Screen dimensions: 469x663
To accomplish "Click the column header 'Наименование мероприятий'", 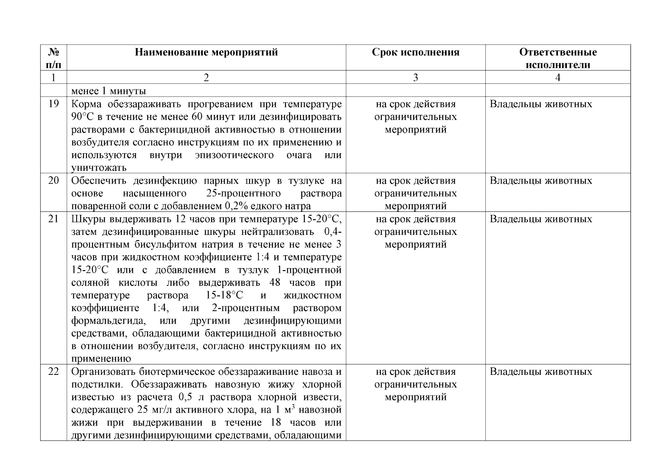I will [x=206, y=52].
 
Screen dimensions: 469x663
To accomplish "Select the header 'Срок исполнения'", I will [x=415, y=52].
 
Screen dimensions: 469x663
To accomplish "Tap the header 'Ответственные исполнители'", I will [x=558, y=58].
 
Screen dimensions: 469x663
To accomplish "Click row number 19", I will [x=54, y=104].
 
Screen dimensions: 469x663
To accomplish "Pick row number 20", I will [x=54, y=181].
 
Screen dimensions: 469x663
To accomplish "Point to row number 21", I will [x=54, y=219].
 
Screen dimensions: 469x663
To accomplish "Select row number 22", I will [x=54, y=371].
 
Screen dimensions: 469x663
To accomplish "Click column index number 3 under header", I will [x=415, y=78].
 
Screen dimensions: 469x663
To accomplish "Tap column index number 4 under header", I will [x=558, y=78].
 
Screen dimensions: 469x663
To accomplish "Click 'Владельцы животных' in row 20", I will [x=541, y=181].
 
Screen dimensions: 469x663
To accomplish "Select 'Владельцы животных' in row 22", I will [x=541, y=371].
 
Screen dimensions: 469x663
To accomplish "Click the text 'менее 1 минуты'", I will [x=109, y=91].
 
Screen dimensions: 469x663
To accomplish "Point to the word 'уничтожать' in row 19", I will [x=99, y=168].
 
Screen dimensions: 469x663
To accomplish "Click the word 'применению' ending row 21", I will [x=101, y=359].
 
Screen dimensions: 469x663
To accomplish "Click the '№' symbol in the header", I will [x=54, y=52].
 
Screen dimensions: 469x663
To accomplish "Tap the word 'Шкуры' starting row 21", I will [x=85, y=219].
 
